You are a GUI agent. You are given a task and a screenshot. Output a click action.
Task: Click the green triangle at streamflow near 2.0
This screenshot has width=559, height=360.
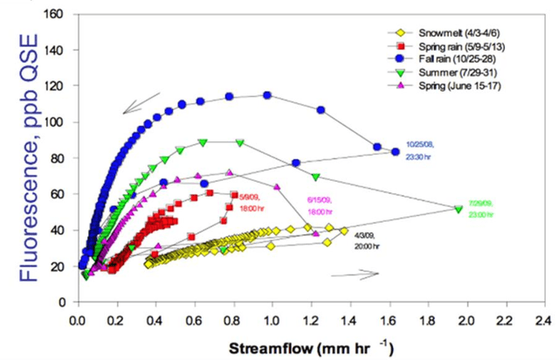459,209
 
